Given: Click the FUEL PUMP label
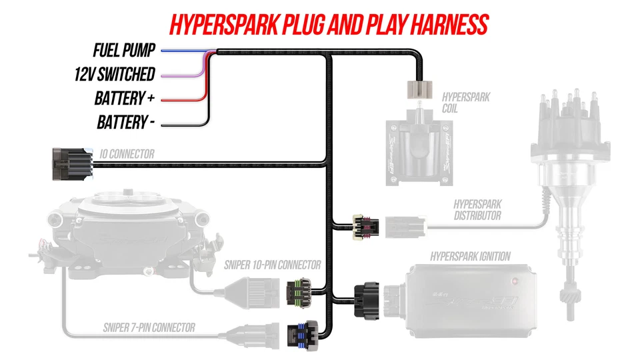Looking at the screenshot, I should (125, 50).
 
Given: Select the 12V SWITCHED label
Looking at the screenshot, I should (115, 74).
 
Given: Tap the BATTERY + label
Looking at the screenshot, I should (125, 99).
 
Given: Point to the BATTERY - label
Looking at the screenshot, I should (126, 123).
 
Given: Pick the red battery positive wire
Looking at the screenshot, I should (180, 100).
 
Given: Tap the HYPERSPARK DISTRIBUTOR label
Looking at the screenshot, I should (477, 209).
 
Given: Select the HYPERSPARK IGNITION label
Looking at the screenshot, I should (471, 256).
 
